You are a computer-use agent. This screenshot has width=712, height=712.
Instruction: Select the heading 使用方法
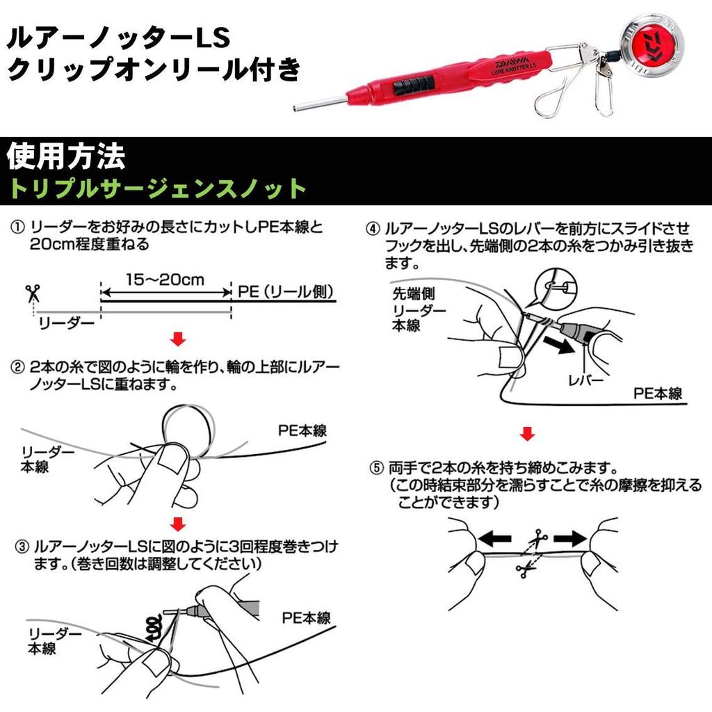pyautogui.click(x=65, y=157)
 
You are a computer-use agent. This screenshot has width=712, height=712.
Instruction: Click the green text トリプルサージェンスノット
pyautogui.click(x=156, y=188)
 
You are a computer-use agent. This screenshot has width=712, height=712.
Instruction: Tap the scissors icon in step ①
pyautogui.click(x=32, y=292)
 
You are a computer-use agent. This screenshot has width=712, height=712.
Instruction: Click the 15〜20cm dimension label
pyautogui.click(x=165, y=280)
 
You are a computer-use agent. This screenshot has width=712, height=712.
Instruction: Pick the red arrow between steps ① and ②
pyautogui.click(x=178, y=339)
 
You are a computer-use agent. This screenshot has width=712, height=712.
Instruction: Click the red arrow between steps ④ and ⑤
pyautogui.click(x=528, y=435)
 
